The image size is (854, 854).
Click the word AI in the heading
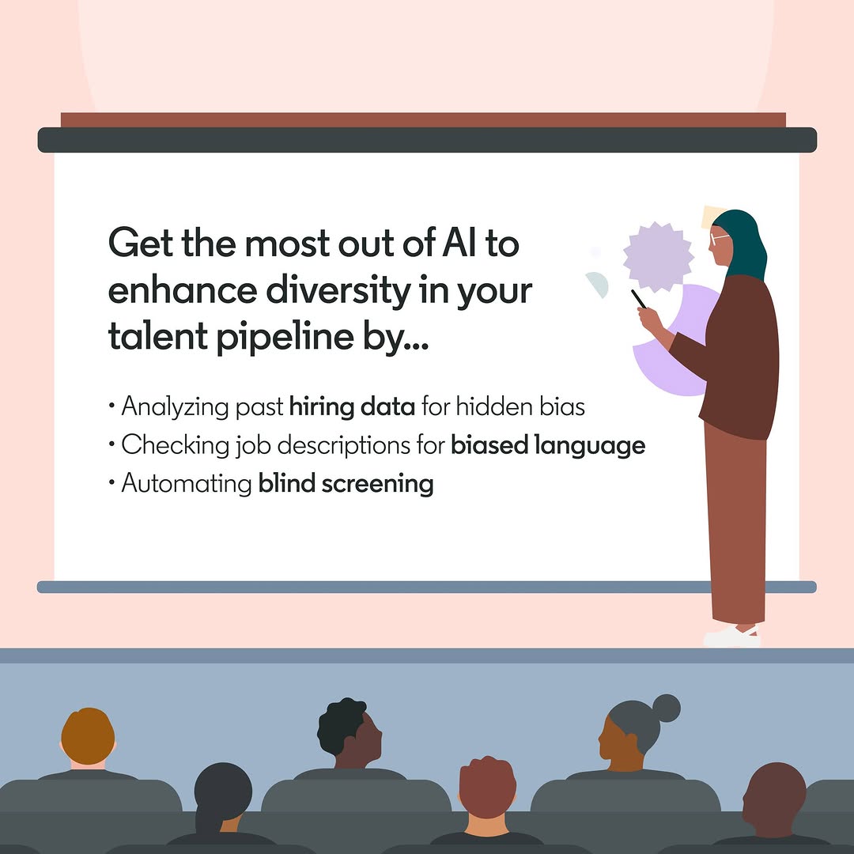[x=459, y=243]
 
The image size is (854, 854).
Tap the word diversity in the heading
[x=338, y=290]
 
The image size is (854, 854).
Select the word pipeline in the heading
[x=285, y=337]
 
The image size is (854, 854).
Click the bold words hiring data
[x=352, y=407]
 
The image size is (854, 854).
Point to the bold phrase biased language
[x=548, y=446]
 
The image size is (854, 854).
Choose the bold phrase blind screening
[x=346, y=484]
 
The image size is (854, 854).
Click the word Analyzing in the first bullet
[x=175, y=407]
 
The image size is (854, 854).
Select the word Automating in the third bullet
[x=187, y=484]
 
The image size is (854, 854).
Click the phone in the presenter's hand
[x=638, y=299]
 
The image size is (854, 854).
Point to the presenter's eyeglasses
[x=719, y=239]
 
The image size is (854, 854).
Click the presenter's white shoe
[x=731, y=636]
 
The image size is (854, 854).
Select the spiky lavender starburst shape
[x=658, y=256]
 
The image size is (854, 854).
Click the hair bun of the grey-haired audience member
[x=666, y=708]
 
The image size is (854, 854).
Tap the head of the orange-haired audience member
[x=88, y=736]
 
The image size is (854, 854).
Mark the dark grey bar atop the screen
[x=427, y=140]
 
